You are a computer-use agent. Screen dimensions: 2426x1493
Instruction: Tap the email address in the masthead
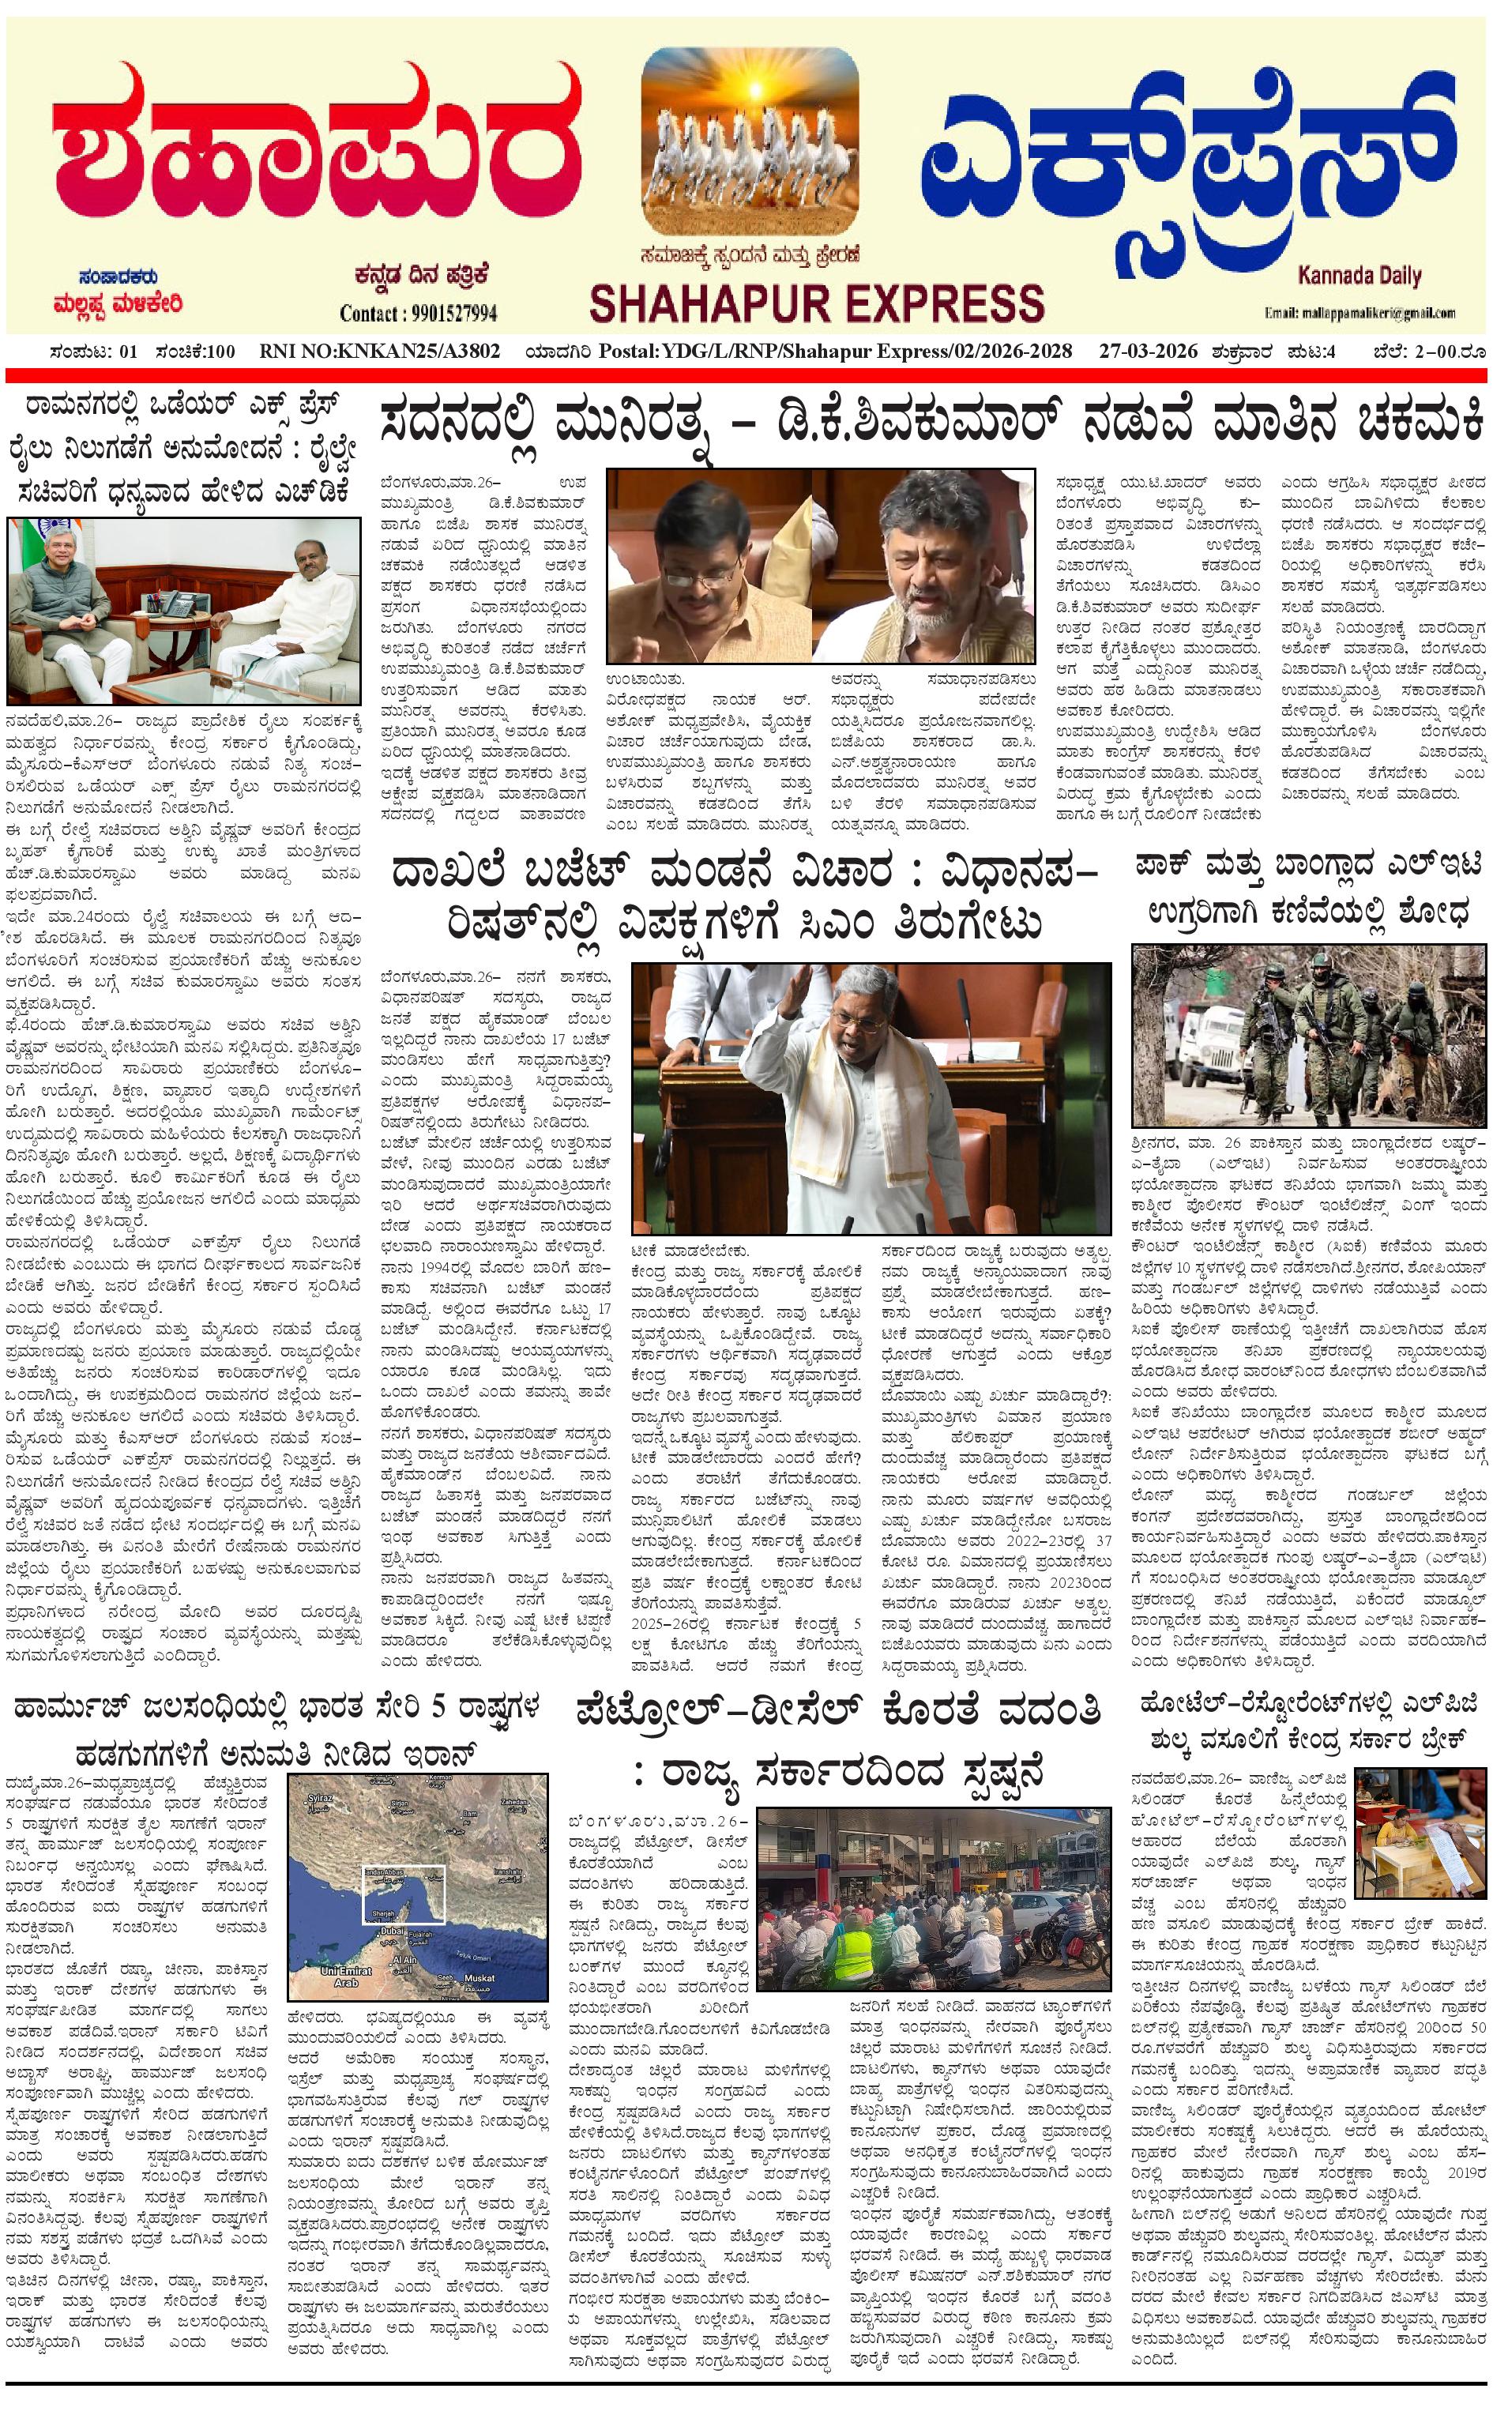1359,313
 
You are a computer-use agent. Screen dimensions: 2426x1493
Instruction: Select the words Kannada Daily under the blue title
1359,276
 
